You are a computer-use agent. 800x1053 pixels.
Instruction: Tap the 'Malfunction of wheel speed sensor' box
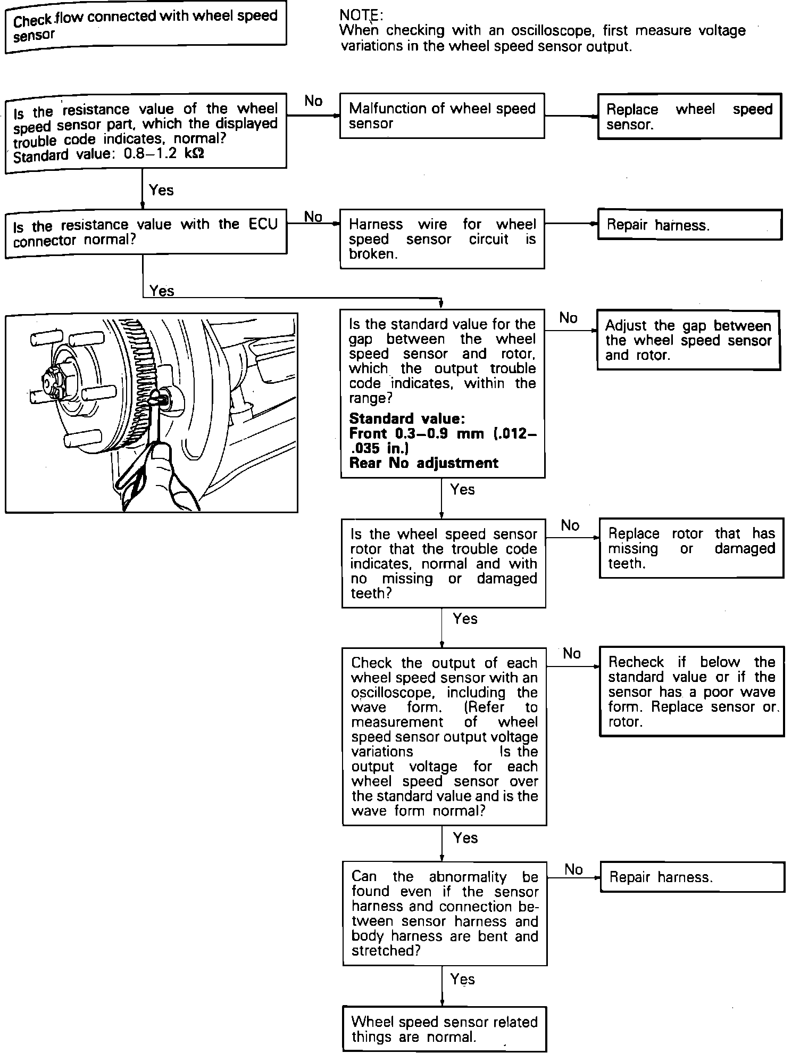click(441, 116)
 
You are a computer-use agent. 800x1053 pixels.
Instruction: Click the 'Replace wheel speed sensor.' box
click(689, 117)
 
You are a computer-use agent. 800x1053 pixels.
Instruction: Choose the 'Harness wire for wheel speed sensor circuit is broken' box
click(441, 239)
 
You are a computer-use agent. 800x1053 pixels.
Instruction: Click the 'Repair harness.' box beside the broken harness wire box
click(689, 225)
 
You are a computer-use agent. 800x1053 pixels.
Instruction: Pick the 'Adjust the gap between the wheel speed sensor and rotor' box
click(688, 340)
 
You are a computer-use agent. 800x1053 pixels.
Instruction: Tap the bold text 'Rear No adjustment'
click(423, 463)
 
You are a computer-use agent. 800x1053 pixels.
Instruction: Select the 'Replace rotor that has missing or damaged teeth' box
click(691, 548)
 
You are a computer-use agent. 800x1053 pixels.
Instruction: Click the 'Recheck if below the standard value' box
click(691, 691)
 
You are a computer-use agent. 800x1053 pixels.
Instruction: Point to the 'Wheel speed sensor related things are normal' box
click(444, 1029)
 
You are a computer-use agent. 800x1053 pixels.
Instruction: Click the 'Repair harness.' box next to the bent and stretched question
click(692, 877)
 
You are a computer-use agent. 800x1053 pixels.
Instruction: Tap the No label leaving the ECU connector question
click(313, 217)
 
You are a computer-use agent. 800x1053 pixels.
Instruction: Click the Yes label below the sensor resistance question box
click(161, 190)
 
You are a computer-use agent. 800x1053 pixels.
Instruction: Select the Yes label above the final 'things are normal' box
click(462, 979)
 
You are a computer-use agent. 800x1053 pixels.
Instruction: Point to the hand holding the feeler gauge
click(170, 474)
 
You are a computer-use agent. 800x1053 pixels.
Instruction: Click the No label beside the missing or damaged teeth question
click(570, 525)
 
